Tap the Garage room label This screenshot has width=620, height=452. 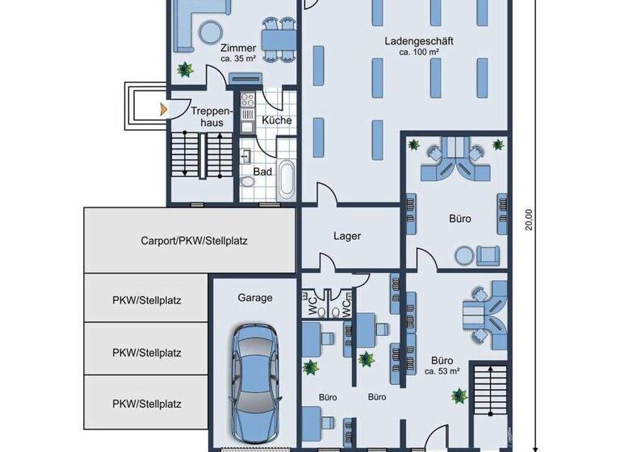[x=254, y=298]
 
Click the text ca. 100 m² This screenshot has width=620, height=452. [x=418, y=52]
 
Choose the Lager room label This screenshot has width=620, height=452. [x=347, y=236]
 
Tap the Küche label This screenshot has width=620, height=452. [x=277, y=120]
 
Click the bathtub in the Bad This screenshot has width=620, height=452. [x=287, y=178]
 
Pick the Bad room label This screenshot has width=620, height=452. [x=262, y=171]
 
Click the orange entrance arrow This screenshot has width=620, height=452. [x=164, y=107]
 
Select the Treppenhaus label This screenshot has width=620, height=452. [x=212, y=116]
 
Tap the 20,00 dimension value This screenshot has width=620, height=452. [x=529, y=220]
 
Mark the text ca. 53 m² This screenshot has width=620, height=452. [x=442, y=371]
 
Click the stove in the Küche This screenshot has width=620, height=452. [x=247, y=102]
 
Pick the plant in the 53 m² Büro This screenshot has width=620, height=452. [x=459, y=395]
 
